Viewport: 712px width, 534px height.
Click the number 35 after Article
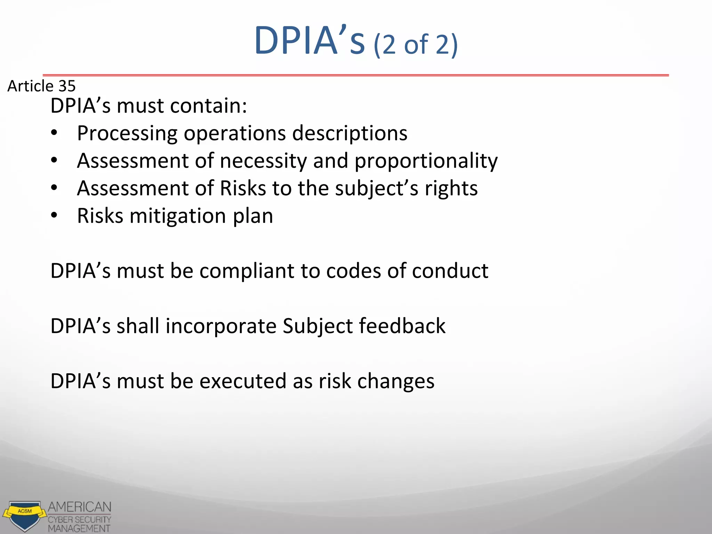coord(67,86)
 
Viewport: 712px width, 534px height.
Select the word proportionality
coord(426,161)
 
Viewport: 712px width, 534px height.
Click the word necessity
coord(263,161)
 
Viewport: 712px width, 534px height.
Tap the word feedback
coord(402,326)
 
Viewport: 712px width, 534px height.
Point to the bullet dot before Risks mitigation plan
coord(54,216)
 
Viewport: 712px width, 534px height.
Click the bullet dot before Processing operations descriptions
coord(54,133)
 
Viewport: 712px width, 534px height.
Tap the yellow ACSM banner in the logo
coord(25,511)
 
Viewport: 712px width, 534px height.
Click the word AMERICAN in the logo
coord(80,507)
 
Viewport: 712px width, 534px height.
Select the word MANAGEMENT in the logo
coord(79,528)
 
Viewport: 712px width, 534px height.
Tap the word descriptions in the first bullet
coord(349,133)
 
